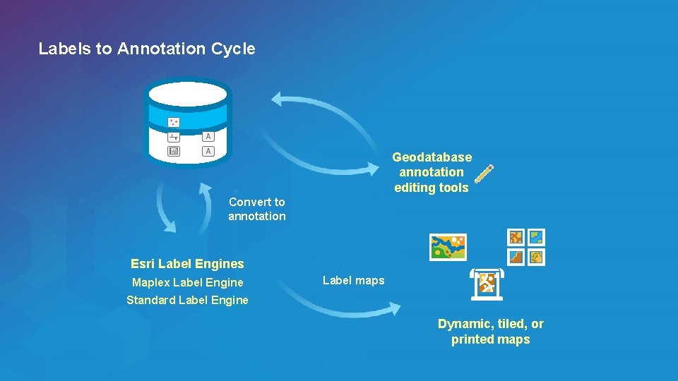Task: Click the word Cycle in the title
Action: [233, 49]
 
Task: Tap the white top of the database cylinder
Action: [187, 94]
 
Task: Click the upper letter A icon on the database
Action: [208, 136]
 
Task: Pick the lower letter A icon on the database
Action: [208, 151]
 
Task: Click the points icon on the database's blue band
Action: [174, 122]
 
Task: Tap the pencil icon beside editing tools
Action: [484, 174]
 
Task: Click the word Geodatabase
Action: [432, 157]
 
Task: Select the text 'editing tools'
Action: [432, 188]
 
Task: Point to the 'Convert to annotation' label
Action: [256, 209]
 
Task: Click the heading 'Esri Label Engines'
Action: [187, 264]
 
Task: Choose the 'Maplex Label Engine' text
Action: [187, 282]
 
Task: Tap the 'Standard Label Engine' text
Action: [187, 300]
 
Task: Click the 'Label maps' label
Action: [353, 280]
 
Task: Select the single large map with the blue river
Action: [448, 247]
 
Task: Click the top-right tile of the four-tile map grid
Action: [537, 237]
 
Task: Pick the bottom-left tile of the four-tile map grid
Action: [517, 257]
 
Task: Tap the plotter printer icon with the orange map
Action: [487, 284]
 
